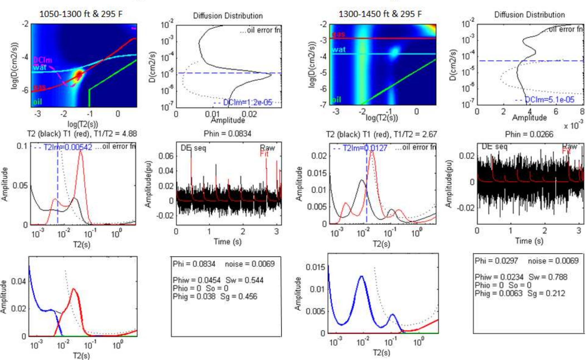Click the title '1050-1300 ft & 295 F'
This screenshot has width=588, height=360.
[x=80, y=14]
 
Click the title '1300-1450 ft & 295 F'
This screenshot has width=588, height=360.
[x=380, y=14]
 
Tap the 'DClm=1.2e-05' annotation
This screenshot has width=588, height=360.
[x=247, y=102]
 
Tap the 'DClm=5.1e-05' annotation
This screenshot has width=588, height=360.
[x=549, y=99]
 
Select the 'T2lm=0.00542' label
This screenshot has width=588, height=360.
[x=68, y=147]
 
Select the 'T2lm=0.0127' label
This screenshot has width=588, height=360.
[x=365, y=148]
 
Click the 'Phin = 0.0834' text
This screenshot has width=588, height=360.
[x=227, y=134]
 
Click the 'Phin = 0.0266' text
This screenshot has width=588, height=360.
[x=529, y=134]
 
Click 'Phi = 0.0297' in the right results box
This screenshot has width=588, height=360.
[x=496, y=261]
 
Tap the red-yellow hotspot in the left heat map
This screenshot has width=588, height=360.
[x=79, y=75]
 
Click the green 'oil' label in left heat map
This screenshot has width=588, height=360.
[x=38, y=102]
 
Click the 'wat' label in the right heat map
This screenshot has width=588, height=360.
[x=339, y=50]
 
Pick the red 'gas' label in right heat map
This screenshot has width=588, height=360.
[x=339, y=34]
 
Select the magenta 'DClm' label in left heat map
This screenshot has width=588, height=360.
[x=42, y=60]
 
